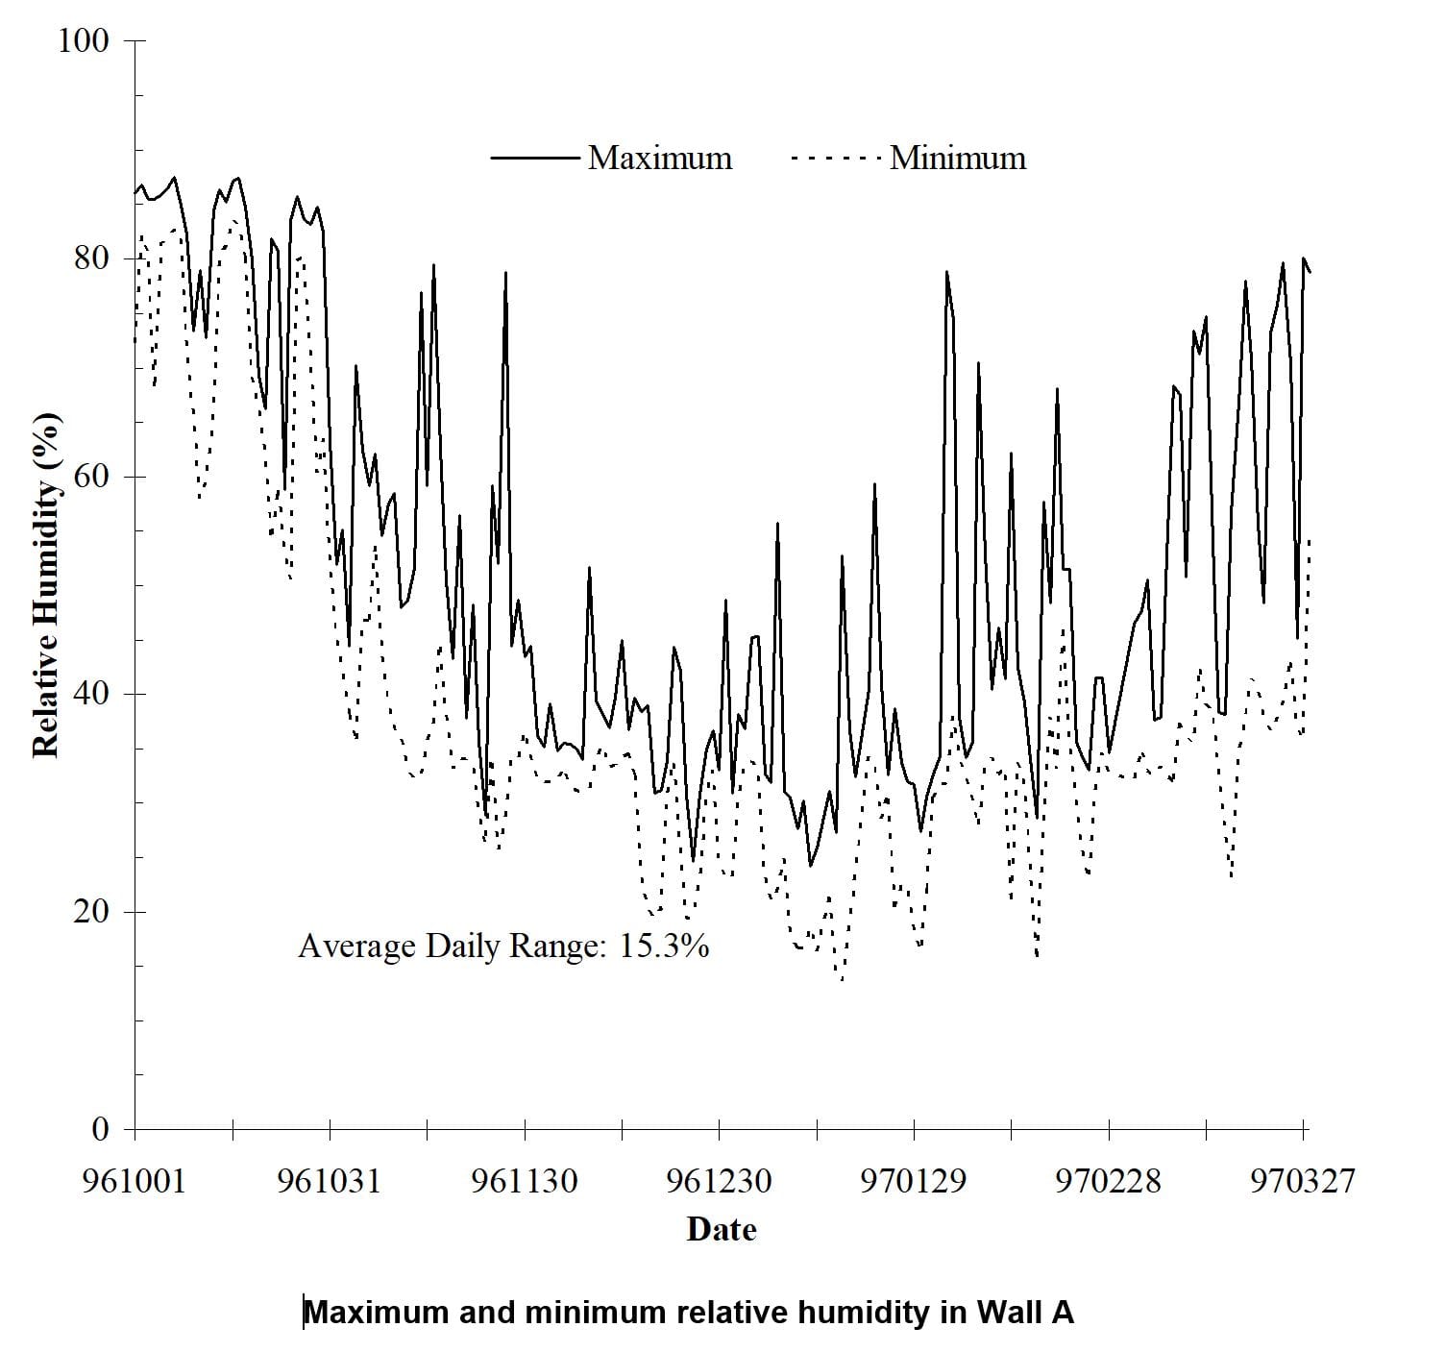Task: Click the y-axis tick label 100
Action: (x=84, y=41)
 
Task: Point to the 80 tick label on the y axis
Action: (x=93, y=258)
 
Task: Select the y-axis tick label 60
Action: (x=93, y=477)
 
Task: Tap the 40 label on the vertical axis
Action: (x=93, y=694)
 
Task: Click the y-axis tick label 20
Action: (x=93, y=911)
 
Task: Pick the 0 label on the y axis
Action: (x=101, y=1129)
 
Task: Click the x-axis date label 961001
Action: (x=134, y=1180)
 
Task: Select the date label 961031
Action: (x=329, y=1180)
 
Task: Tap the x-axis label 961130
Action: (x=525, y=1180)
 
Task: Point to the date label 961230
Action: (x=719, y=1180)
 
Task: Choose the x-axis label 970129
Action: (x=913, y=1180)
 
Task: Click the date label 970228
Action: (x=1108, y=1180)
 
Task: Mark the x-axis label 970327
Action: (x=1302, y=1180)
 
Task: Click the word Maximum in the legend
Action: (x=660, y=159)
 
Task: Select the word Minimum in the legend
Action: (x=958, y=159)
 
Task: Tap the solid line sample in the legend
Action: (x=534, y=159)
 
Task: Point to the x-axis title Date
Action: (x=722, y=1230)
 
